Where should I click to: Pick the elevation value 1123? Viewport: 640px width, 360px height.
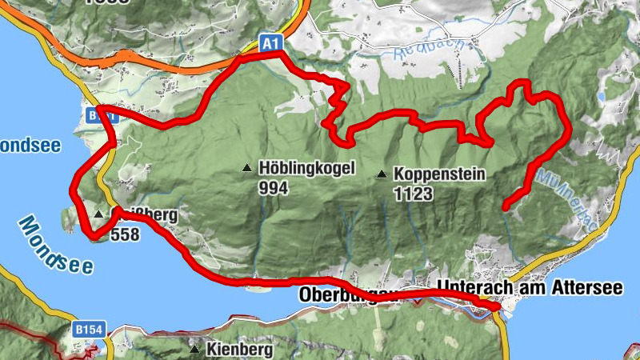click(413, 194)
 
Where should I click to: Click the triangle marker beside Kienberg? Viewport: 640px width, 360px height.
click(194, 349)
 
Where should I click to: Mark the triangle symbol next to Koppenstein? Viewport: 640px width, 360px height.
click(382, 173)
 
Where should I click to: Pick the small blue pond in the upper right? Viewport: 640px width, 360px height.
click(600, 97)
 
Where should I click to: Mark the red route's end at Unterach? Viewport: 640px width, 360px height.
click(496, 306)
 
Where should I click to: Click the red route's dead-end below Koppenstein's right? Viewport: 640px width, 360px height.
click(505, 207)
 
